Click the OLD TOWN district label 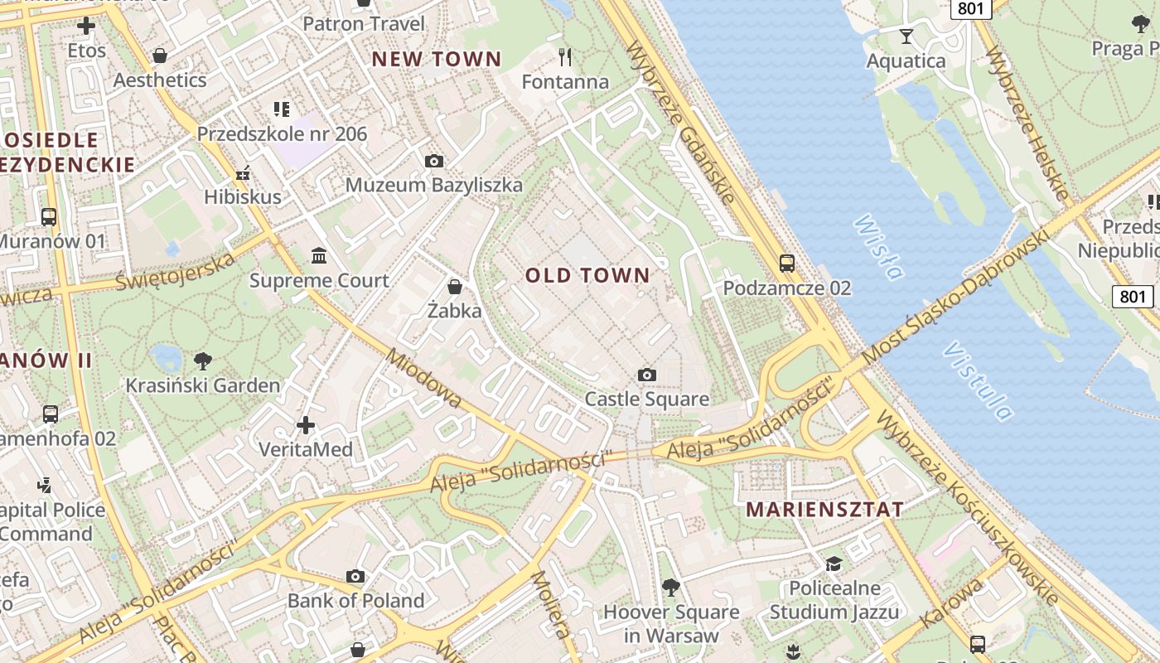(587, 276)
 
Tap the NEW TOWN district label (436, 59)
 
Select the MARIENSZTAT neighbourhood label (824, 510)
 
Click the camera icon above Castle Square (647, 375)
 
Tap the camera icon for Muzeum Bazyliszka (433, 161)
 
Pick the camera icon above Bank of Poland (355, 577)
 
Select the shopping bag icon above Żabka (454, 287)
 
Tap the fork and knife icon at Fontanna (565, 56)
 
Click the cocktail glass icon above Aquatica (906, 36)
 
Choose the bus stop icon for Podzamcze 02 (786, 264)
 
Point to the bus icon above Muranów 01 (49, 217)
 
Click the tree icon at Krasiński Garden (202, 361)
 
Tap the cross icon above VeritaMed (306, 425)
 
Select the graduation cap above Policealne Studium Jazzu (834, 564)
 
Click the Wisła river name (877, 248)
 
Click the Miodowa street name (425, 378)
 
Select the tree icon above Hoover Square (670, 588)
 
